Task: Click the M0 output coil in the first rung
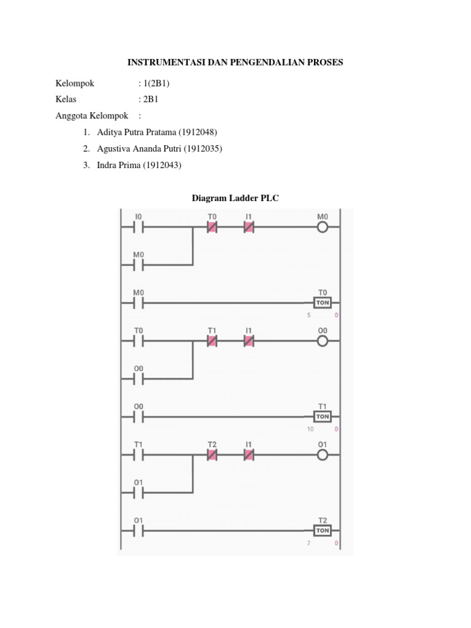[323, 228]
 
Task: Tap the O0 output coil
[323, 342]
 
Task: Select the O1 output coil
[323, 454]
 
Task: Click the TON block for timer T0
[323, 303]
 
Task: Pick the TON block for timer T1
[323, 416]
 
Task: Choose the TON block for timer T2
[323, 530]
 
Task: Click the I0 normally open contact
[139, 228]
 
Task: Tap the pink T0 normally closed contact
[212, 228]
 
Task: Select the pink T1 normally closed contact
[212, 342]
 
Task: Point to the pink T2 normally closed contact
[212, 454]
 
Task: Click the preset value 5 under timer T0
[310, 316]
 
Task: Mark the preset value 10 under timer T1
[310, 429]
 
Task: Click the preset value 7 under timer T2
[310, 543]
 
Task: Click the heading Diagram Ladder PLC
[235, 198]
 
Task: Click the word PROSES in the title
[326, 63]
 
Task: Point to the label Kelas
[66, 99]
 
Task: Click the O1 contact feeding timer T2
[139, 530]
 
